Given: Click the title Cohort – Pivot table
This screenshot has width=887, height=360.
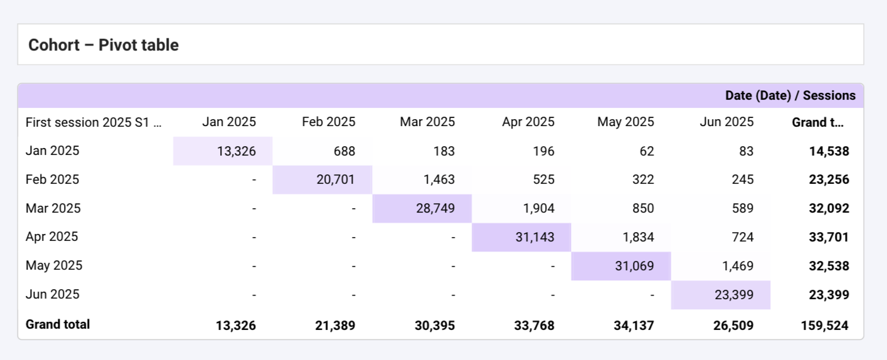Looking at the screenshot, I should (104, 45).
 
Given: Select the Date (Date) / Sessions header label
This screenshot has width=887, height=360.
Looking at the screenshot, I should (790, 95).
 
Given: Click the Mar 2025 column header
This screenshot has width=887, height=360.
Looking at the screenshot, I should (427, 122).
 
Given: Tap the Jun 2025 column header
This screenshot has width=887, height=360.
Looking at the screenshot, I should (726, 122).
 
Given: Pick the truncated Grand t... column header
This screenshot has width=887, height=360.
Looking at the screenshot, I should (817, 122).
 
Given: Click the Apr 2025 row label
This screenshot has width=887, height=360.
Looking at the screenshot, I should (52, 237).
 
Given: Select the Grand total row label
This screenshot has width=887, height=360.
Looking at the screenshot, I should (58, 324).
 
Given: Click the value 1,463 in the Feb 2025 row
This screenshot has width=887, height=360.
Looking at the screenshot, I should (438, 180).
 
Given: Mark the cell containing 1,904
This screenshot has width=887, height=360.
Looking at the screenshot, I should (538, 208).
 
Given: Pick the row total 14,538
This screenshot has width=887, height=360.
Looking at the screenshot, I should (829, 151).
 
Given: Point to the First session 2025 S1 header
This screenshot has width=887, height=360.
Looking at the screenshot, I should (93, 122).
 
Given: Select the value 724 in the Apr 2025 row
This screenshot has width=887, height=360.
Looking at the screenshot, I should (742, 237).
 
